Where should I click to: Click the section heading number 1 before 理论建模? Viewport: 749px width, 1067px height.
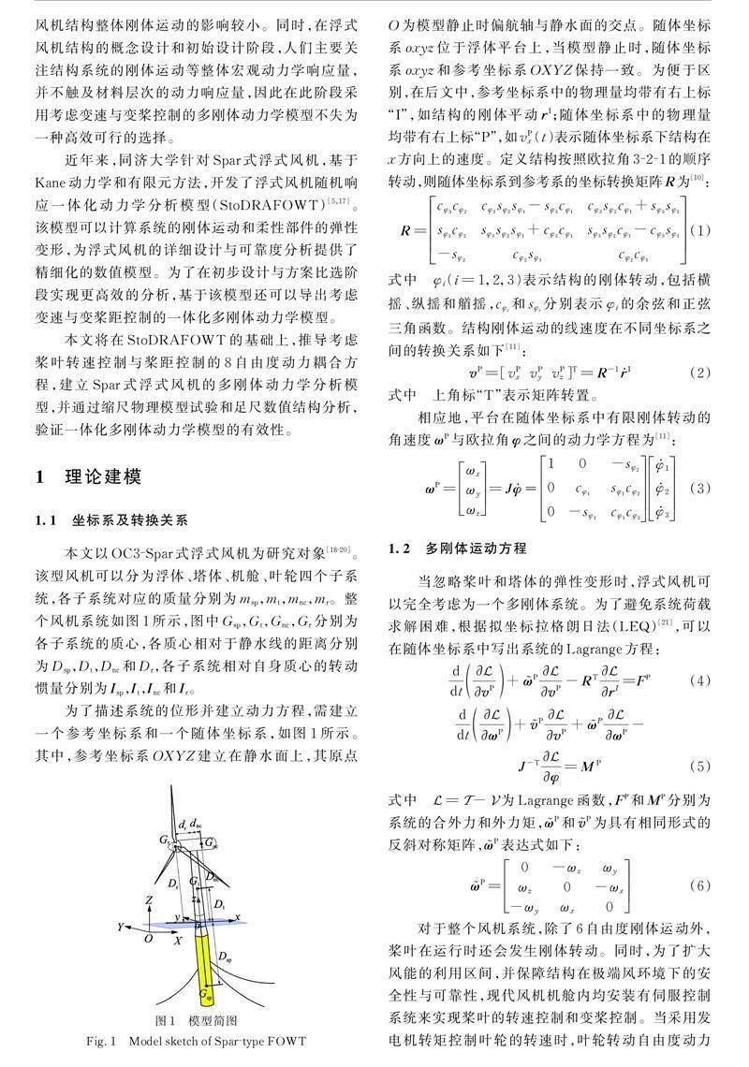point(40,477)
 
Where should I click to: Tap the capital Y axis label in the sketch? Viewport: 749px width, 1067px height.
point(121,927)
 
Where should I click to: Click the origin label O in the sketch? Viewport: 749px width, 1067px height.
point(147,937)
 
